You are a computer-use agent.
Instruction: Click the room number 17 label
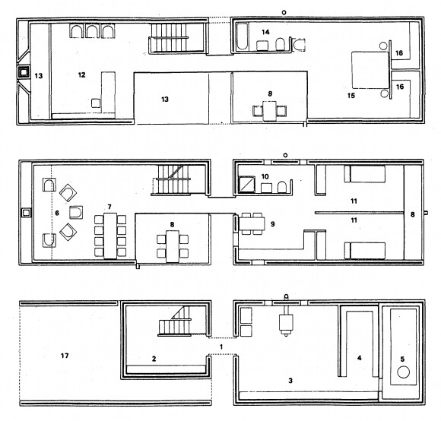[65, 356]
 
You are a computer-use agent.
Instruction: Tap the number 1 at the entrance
[221, 347]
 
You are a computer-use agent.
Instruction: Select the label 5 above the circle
[402, 359]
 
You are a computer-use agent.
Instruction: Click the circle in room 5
[403, 372]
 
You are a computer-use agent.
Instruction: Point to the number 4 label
[359, 358]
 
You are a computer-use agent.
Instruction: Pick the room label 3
[290, 381]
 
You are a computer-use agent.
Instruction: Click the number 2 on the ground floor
[154, 359]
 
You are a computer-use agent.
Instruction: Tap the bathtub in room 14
[243, 36]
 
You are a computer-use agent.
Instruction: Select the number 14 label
[265, 32]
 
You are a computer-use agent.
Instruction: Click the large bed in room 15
[370, 69]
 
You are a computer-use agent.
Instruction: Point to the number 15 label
[351, 96]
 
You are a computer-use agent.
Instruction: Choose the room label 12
[81, 74]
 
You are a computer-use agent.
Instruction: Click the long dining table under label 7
[110, 236]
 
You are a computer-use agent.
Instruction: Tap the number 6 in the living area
[57, 213]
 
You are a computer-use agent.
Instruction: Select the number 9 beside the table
[272, 224]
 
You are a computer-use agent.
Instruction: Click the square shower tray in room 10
[247, 185]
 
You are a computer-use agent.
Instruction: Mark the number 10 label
[265, 176]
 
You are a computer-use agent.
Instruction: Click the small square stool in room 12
[96, 103]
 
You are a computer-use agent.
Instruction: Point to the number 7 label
[109, 207]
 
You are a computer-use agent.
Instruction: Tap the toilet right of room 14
[299, 45]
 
